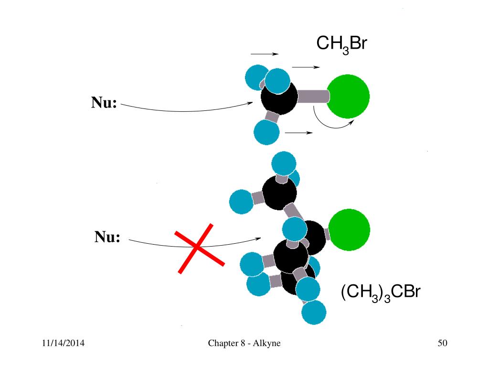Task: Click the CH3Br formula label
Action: click(x=341, y=45)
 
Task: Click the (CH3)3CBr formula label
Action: click(x=380, y=292)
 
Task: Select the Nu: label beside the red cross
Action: click(x=106, y=237)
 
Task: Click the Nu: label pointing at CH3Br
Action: click(x=104, y=103)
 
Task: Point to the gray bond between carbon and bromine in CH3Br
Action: click(x=313, y=97)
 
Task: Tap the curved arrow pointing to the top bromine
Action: click(x=332, y=123)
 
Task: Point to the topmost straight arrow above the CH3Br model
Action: click(x=265, y=54)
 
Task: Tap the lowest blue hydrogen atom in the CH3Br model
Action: click(x=266, y=132)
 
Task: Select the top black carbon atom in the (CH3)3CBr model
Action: click(x=279, y=193)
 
